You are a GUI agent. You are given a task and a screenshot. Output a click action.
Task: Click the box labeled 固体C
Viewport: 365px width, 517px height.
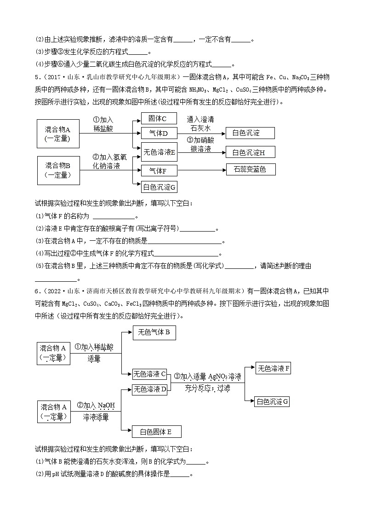tap(159, 119)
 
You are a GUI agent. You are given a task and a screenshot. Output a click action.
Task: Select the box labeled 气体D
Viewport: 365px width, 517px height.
tap(159, 134)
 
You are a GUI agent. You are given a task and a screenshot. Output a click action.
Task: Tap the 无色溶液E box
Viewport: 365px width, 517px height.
tap(159, 152)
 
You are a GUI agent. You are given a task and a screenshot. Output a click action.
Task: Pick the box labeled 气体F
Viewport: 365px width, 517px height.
tap(159, 171)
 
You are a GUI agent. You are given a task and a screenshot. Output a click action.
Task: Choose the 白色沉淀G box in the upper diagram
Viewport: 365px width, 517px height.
tap(159, 187)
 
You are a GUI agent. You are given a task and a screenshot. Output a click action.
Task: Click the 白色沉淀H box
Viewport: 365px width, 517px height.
tap(250, 152)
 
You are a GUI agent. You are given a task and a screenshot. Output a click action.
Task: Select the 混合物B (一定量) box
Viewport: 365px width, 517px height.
tap(57, 170)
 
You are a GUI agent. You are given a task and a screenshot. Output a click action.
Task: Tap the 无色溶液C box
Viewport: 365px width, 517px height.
tap(149, 373)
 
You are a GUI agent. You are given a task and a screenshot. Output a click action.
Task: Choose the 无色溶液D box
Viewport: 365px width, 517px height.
tap(149, 389)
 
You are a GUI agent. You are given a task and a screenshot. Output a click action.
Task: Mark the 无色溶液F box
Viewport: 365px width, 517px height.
tap(273, 368)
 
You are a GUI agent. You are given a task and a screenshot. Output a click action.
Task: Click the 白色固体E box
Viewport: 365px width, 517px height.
tap(156, 431)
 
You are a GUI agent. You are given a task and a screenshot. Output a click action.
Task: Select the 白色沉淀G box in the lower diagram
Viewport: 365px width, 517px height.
tap(272, 401)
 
